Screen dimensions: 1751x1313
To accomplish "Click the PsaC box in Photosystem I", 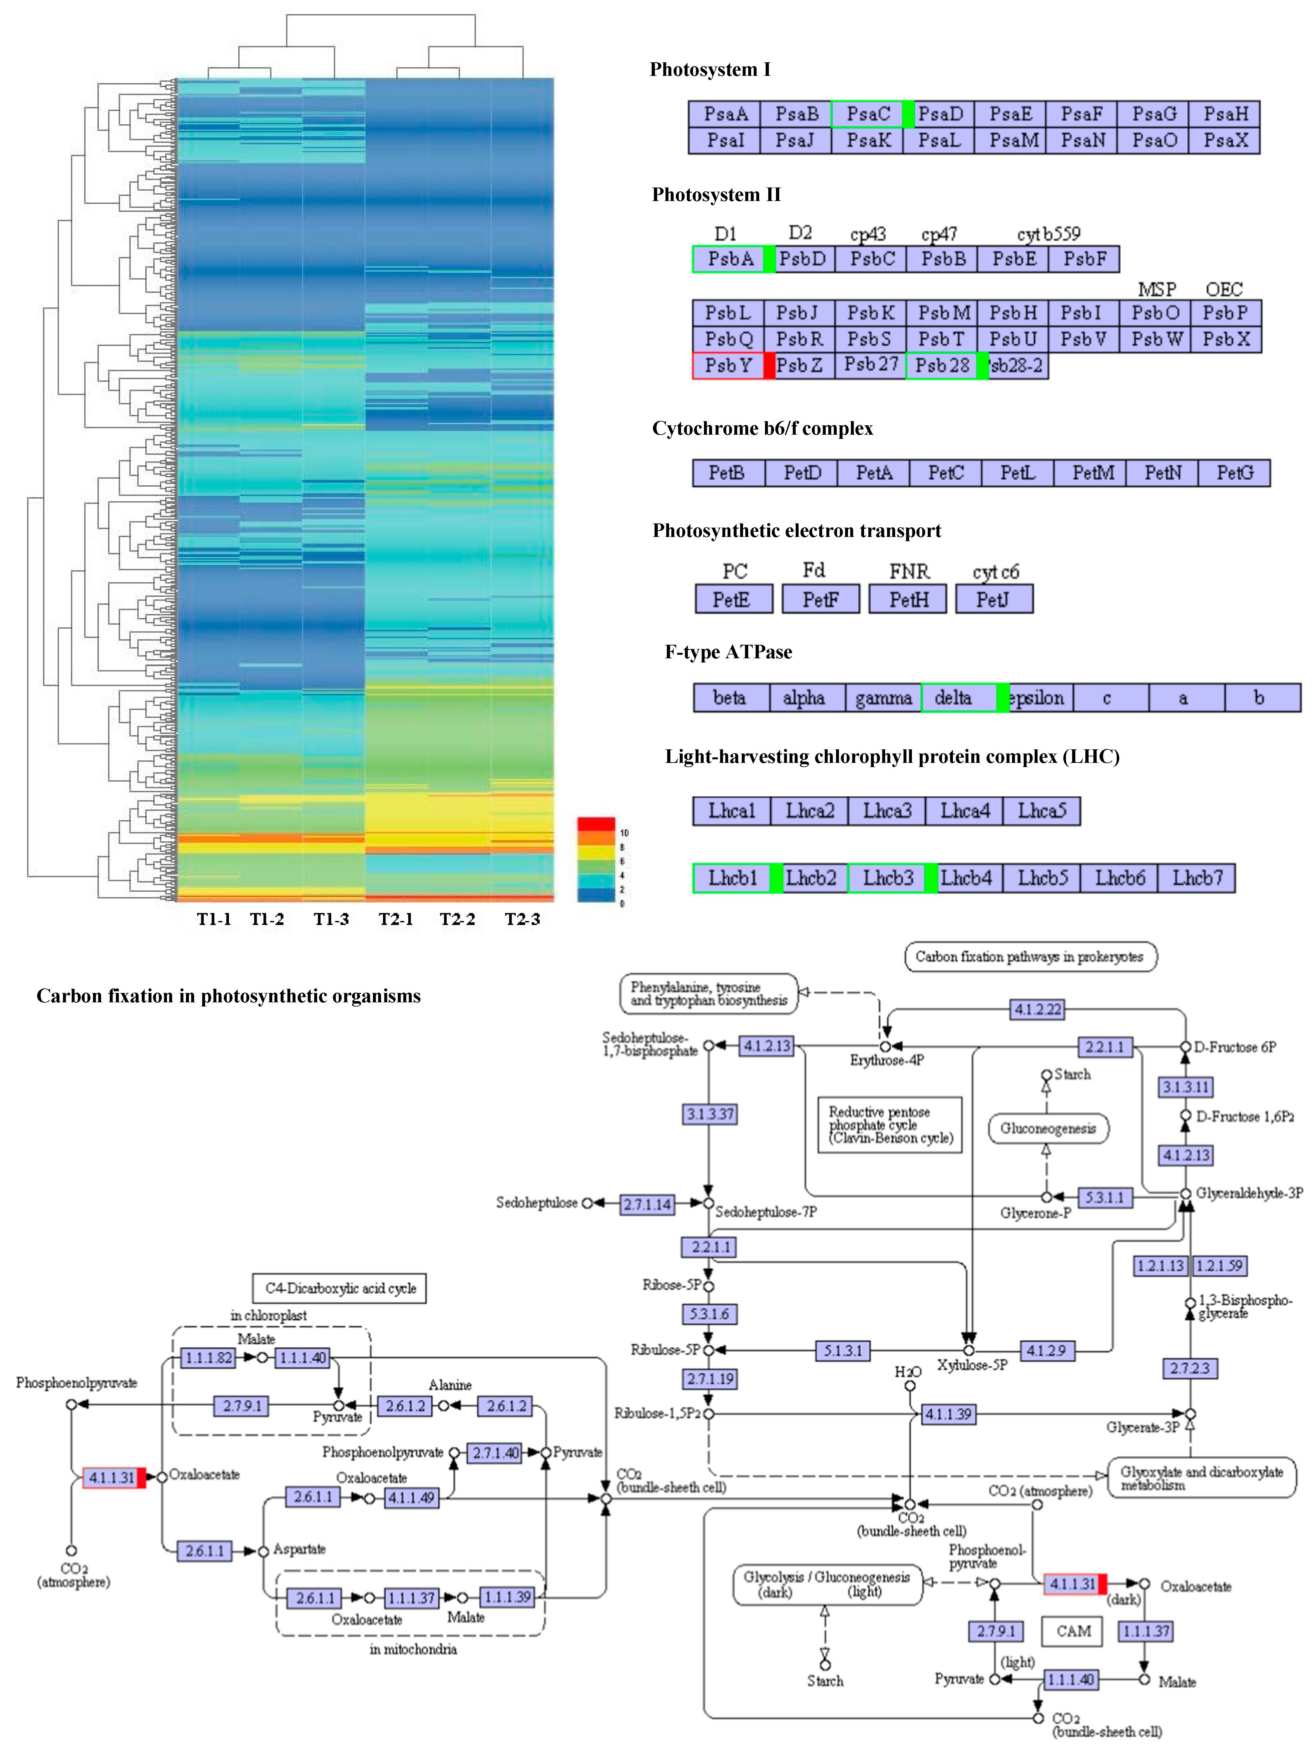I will [x=868, y=114].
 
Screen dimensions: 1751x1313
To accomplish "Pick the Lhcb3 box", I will [x=888, y=878].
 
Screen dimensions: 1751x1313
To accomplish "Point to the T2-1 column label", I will [x=395, y=919].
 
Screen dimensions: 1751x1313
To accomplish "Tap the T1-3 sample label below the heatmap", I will [x=331, y=919].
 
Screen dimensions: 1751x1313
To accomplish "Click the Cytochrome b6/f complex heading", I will [x=762, y=428].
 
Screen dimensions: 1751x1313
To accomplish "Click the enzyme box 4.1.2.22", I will [x=1038, y=1009].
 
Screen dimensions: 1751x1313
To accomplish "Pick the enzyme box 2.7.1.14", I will [x=647, y=1205].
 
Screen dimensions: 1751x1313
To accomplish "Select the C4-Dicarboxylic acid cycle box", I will [x=340, y=1288].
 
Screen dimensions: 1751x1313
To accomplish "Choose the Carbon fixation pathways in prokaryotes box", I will [x=1029, y=956].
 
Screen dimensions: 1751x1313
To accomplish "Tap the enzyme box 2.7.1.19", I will [x=709, y=1379].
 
